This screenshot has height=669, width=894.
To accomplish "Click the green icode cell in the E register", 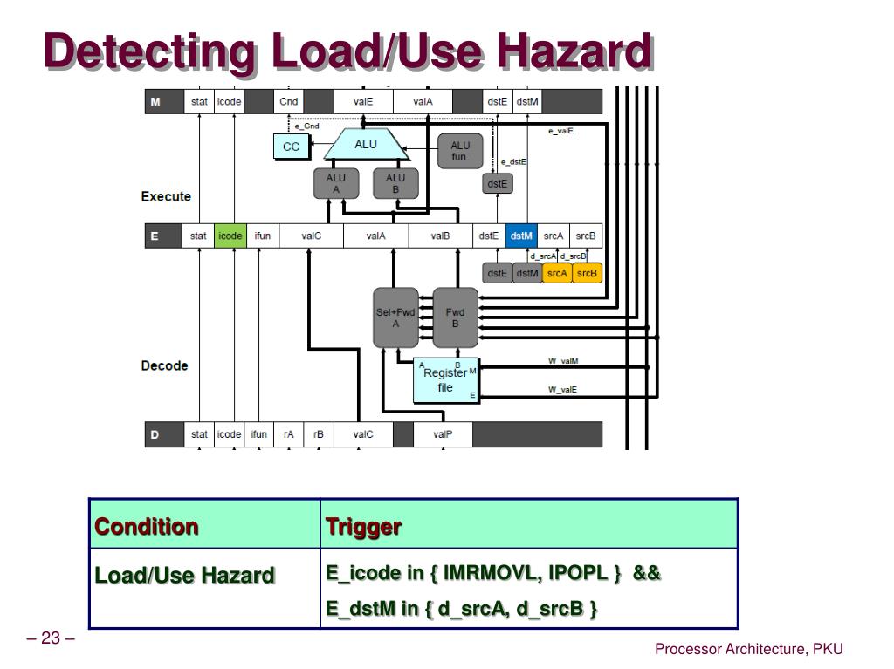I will click(x=230, y=236).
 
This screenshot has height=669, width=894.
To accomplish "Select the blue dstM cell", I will click(x=521, y=236).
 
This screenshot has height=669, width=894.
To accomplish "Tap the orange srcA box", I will click(x=556, y=273).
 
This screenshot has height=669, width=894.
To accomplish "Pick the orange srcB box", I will click(x=588, y=273).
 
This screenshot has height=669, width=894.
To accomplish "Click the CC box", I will click(x=291, y=147).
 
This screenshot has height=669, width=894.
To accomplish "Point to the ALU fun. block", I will click(x=460, y=151).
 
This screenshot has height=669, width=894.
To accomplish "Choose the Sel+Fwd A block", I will click(x=395, y=317).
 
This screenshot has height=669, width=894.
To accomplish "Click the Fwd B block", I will click(x=456, y=317).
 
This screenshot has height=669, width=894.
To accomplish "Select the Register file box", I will click(x=446, y=380).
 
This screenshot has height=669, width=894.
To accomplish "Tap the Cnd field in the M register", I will click(x=289, y=102).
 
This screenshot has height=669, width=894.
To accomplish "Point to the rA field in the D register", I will click(x=288, y=433).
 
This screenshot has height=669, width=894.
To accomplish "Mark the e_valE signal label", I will click(x=560, y=131).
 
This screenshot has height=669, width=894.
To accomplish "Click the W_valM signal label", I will click(x=563, y=360).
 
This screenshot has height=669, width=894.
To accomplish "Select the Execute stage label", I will click(x=166, y=196).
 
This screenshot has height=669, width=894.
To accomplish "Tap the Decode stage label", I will click(x=164, y=365).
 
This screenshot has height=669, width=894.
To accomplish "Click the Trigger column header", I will click(x=363, y=527).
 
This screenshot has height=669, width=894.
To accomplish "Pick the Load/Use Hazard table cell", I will click(x=184, y=575).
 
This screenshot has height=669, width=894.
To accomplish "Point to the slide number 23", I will click(x=50, y=639).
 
